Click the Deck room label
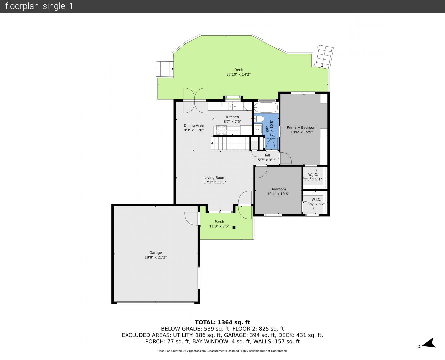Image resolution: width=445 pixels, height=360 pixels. click(238, 70)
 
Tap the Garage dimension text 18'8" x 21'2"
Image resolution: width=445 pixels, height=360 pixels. click(156, 257)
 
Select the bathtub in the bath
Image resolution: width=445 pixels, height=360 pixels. click(266, 107)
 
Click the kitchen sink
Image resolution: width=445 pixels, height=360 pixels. click(233, 106)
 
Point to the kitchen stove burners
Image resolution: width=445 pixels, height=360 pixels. click(221, 130)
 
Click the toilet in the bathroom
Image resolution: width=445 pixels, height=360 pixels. click(259, 119)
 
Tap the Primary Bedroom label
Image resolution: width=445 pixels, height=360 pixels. click(301, 127)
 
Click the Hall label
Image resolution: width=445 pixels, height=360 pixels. click(267, 155)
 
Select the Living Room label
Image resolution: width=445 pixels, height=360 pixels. click(215, 178)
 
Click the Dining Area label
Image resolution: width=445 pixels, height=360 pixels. click(194, 125)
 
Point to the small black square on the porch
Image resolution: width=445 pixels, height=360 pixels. click(234, 227)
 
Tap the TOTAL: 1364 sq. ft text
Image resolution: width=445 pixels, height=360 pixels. click(222, 322)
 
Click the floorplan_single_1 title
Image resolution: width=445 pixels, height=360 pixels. click(39, 6)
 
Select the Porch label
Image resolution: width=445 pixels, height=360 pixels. click(219, 221)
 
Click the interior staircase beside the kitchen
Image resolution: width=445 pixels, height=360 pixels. click(230, 143)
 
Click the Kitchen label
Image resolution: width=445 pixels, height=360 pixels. click(232, 117)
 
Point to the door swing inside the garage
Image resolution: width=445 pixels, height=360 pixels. click(191, 219)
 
